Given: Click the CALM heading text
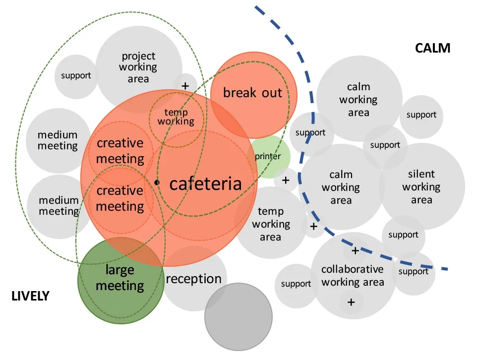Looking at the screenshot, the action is pos(432,48).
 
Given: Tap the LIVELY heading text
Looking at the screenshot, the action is pos(30,296).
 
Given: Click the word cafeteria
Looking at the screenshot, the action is pos(205,183).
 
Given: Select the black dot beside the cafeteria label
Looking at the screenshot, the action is pos(157,182).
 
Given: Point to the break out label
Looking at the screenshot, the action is pos(252,93).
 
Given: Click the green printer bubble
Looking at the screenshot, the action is pos(268,156).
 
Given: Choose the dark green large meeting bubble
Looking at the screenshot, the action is pos(121,281).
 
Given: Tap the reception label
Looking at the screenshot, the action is pos(193,279).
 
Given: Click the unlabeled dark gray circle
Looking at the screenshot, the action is pos(238,316).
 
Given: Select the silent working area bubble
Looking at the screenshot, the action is pos(422,186).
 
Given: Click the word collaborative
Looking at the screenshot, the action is pos(352,269).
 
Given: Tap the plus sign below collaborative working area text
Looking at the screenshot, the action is pos(352,302).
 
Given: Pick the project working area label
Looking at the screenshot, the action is pos(138,67).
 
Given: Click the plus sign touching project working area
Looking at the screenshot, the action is pos(185,86).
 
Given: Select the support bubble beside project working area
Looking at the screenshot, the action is pos(76,76).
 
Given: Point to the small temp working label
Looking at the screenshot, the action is pos(176,117).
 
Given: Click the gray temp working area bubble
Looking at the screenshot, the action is pos(271,223).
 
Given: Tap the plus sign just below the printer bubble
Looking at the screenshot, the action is pos(286,180).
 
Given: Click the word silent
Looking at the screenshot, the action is pos(421,174).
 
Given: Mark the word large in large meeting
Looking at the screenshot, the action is pos(119,270).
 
